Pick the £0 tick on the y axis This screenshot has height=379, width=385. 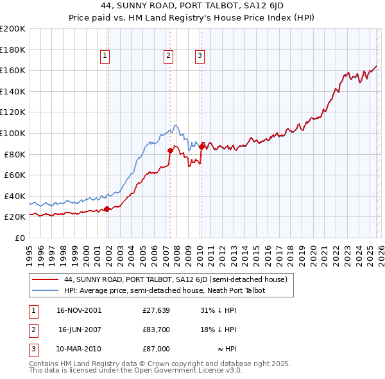coord(19,238)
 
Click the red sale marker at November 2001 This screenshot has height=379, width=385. coord(107,209)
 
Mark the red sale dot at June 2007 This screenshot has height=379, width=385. coord(170,150)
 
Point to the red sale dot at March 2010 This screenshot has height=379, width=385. coord(201,146)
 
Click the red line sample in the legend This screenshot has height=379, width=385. coord(45,280)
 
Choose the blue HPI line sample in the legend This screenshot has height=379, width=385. coord(45,290)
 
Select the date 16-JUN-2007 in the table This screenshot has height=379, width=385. coord(80,330)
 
